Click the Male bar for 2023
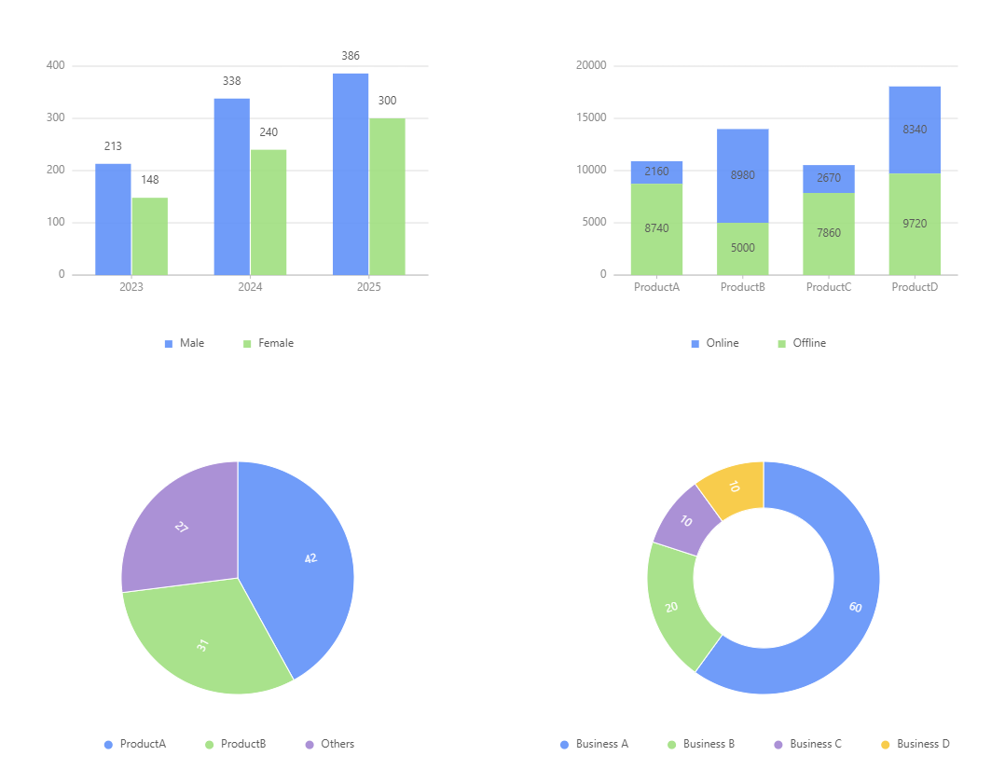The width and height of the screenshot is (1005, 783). pyautogui.click(x=113, y=219)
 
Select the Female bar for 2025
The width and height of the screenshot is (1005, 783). pyautogui.click(x=387, y=197)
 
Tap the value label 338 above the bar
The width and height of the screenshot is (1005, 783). pyautogui.click(x=231, y=81)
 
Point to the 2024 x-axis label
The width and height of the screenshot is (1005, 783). pyautogui.click(x=250, y=287)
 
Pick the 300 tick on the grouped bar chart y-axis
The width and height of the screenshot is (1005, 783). pyautogui.click(x=55, y=118)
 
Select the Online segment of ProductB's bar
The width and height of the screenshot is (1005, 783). pyautogui.click(x=742, y=175)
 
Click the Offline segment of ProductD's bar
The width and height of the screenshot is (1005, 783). pyautogui.click(x=914, y=224)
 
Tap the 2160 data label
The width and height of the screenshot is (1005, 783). pyautogui.click(x=656, y=172)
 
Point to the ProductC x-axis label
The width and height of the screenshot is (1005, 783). pyautogui.click(x=828, y=287)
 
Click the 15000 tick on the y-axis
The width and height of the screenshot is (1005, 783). pyautogui.click(x=591, y=118)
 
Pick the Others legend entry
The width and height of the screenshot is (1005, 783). pyautogui.click(x=330, y=744)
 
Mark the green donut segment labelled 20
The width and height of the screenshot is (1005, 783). pyautogui.click(x=673, y=606)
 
